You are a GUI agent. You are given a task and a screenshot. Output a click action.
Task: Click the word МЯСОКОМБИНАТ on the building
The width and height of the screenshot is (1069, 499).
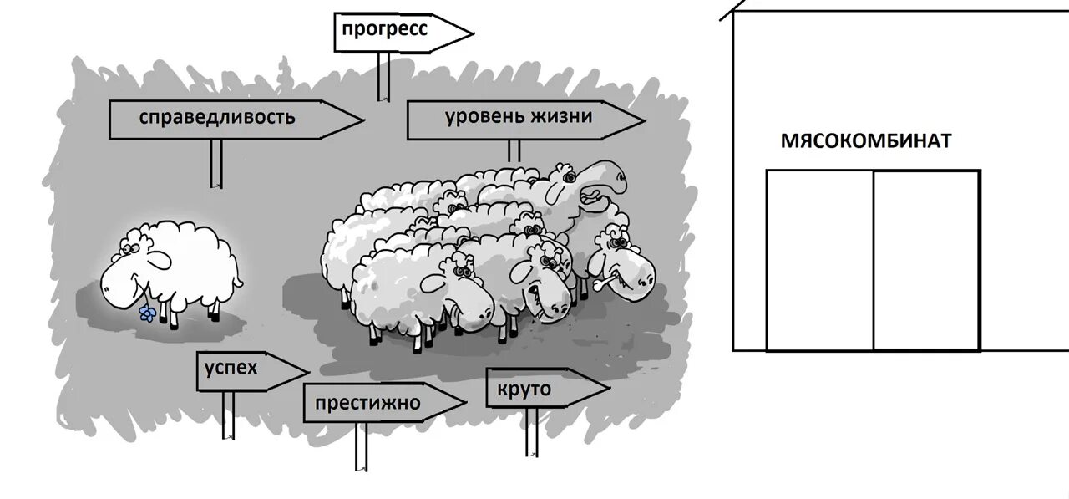tap(865, 140)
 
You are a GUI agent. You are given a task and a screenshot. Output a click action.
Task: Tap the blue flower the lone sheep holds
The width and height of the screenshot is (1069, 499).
tap(147, 313)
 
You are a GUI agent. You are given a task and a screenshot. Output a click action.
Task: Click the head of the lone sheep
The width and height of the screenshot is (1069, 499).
tap(125, 276)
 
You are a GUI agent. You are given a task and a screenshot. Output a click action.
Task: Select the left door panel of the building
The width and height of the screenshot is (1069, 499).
tap(819, 260)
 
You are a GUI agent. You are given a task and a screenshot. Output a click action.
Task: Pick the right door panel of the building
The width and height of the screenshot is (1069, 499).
tap(926, 260)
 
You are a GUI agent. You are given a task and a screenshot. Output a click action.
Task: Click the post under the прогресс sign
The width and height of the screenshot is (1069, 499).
tap(383, 77)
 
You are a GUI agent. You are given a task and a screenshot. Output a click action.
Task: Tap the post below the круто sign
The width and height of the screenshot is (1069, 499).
tap(532, 431)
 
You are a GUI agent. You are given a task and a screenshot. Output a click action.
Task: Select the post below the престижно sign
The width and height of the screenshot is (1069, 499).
tap(361, 447)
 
